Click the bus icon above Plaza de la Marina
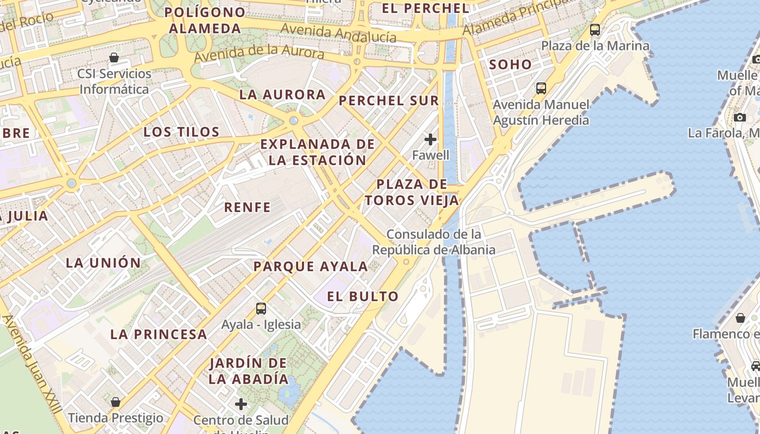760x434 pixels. pyautogui.click(x=595, y=30)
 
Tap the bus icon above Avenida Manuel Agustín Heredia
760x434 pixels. pyautogui.click(x=541, y=88)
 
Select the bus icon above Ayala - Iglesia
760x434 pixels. pyautogui.click(x=261, y=309)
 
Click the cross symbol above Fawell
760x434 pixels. pyautogui.click(x=430, y=139)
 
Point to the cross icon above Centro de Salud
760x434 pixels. pyautogui.click(x=241, y=404)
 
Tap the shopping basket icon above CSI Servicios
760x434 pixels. pyautogui.click(x=114, y=58)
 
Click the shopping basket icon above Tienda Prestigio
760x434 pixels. pyautogui.click(x=115, y=402)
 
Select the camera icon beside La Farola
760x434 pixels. pyautogui.click(x=739, y=117)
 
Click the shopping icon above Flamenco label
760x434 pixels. pyautogui.click(x=740, y=318)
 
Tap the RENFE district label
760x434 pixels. pyautogui.click(x=248, y=207)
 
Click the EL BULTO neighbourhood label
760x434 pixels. pyautogui.click(x=363, y=297)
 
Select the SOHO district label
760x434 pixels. pyautogui.click(x=510, y=65)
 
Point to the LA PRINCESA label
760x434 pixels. pyautogui.click(x=159, y=335)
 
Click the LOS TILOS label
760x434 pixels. pyautogui.click(x=181, y=132)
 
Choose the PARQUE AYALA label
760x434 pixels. pyautogui.click(x=311, y=266)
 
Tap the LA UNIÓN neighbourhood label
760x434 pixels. pyautogui.click(x=103, y=263)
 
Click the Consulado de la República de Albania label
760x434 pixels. pyautogui.click(x=434, y=242)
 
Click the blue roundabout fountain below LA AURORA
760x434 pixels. pyautogui.click(x=294, y=120)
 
